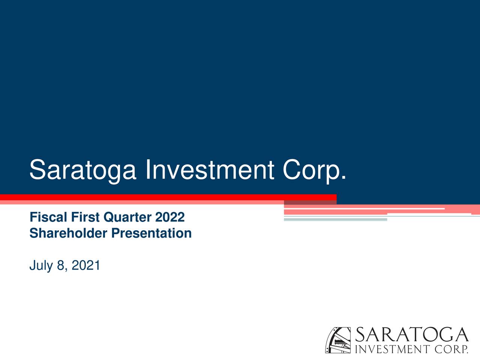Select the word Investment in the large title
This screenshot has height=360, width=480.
209,169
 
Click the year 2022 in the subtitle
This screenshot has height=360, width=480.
170,217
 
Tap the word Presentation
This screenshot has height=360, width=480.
151,233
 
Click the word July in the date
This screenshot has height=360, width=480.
41,265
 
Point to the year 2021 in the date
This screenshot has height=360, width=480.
85,265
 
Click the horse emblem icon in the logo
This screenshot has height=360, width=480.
338,340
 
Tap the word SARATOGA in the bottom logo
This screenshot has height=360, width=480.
411,335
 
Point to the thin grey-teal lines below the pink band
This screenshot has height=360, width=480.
335,219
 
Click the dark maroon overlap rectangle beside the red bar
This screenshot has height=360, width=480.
310,203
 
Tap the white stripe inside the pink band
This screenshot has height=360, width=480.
364,208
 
